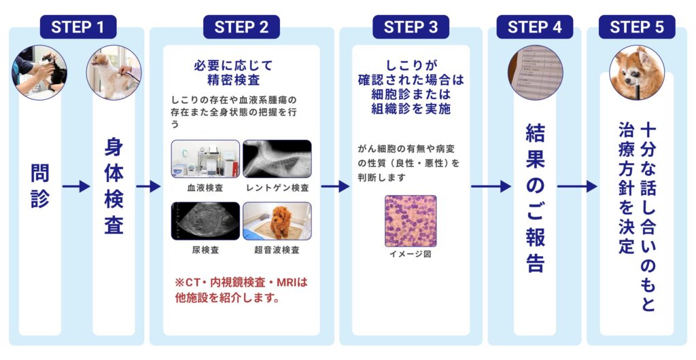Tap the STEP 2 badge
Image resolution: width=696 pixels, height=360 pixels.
coord(241,27)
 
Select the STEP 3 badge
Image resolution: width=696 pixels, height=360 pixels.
coord(411,27)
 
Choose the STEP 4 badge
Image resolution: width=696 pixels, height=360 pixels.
coord(535,27)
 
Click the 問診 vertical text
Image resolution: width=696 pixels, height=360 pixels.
coord(40,186)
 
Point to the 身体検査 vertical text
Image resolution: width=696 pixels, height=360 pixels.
coord(114,186)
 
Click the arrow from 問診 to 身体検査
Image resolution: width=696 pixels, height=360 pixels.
coord(76,186)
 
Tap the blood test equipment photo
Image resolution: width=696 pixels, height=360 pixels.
coord(205,159)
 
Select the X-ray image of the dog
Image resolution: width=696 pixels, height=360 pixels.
coord(277,159)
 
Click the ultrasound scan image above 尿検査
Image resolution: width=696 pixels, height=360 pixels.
coord(205,221)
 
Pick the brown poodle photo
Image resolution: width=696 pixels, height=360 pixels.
coord(277,221)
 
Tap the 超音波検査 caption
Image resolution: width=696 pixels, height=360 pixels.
coord(277,249)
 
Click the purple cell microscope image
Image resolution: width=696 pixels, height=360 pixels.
coord(411,221)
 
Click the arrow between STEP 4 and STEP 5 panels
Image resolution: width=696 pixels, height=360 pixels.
coord(576,186)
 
